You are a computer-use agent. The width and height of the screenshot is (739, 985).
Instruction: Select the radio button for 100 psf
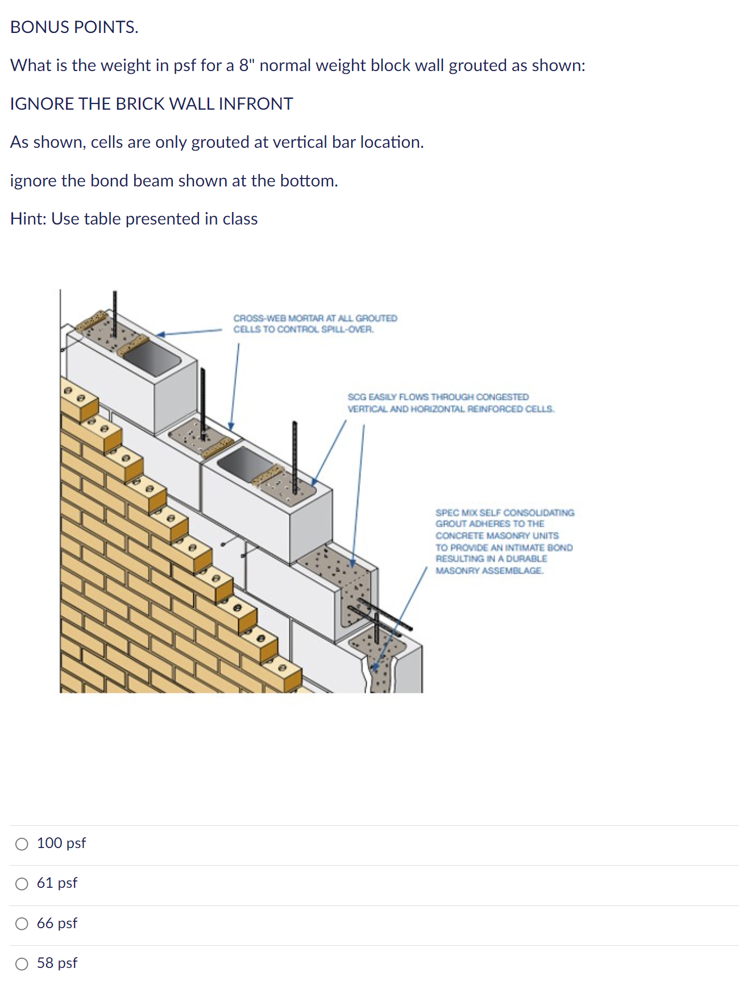pyautogui.click(x=22, y=844)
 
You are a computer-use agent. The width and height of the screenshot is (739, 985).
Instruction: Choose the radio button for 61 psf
pyautogui.click(x=22, y=884)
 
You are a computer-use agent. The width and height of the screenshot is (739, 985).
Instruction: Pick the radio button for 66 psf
pyautogui.click(x=22, y=924)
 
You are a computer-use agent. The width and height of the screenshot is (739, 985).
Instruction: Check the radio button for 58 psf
pyautogui.click(x=22, y=964)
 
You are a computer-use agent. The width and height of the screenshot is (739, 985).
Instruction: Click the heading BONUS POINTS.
pyautogui.click(x=74, y=27)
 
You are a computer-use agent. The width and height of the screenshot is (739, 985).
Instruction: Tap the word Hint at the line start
pyautogui.click(x=28, y=219)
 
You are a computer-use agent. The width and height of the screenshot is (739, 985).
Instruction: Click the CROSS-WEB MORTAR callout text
pyautogui.click(x=315, y=324)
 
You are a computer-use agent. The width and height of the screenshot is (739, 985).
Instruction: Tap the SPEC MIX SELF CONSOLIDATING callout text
pyautogui.click(x=505, y=542)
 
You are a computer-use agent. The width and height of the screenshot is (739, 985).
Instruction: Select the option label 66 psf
pyautogui.click(x=57, y=924)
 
